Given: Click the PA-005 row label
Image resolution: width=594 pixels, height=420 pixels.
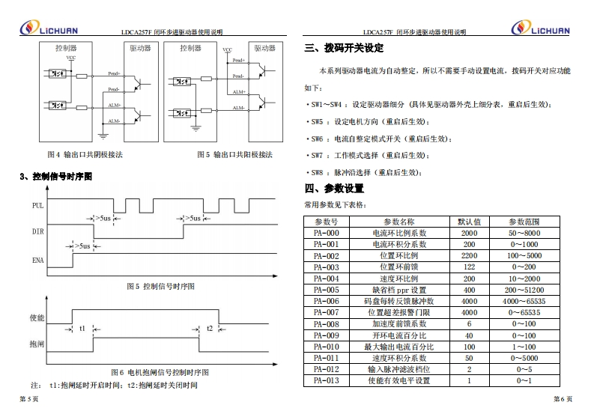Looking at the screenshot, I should click(326, 290).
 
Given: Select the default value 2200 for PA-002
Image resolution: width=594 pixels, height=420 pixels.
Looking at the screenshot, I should click(469, 256).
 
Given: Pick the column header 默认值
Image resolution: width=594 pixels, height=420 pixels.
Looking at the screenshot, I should click(469, 222).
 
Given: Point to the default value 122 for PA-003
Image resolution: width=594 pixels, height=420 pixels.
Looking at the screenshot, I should click(469, 267).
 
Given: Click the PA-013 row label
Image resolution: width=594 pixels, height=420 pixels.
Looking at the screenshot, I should click(326, 380).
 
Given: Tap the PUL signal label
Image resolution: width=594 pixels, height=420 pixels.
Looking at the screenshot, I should click(37, 205).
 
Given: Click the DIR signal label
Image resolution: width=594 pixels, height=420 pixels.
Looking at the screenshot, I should click(37, 232).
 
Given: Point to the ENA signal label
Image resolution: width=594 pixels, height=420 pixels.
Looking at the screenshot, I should click(37, 261).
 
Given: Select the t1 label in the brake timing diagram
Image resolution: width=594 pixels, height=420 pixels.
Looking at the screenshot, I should click(82, 328).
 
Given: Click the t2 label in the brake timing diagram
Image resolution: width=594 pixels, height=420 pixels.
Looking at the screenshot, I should click(210, 328).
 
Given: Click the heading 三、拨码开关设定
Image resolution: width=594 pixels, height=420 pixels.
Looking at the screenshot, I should click(344, 49).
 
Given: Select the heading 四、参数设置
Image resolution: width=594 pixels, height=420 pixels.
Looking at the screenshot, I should click(334, 188).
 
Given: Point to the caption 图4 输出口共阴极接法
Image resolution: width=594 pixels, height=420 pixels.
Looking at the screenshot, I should click(85, 155).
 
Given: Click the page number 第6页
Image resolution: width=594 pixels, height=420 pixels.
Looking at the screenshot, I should click(563, 400).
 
